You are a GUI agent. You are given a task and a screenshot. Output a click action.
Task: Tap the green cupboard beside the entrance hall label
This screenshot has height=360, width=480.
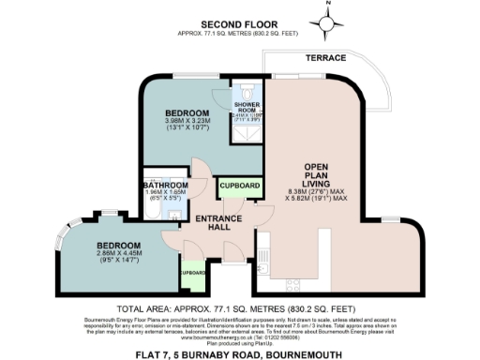pos(237,187)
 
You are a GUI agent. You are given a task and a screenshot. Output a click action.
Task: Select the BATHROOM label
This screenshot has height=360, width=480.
pos(167,186)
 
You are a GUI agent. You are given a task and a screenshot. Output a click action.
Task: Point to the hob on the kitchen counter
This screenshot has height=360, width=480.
pos(292,281)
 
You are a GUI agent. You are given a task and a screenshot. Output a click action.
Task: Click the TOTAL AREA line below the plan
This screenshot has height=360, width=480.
pos(239,308)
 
